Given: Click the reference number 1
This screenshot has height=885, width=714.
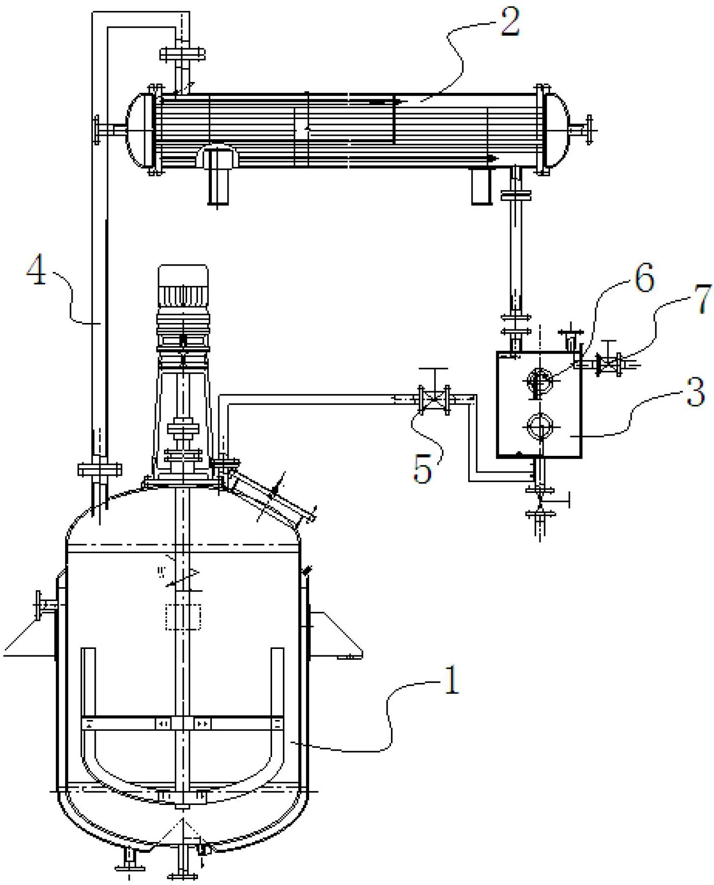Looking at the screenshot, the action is (451, 680).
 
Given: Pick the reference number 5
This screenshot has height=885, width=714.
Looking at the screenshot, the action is (423, 468).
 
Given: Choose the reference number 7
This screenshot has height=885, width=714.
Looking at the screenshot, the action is (703, 298).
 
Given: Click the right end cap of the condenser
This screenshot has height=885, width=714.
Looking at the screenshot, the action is (557, 129).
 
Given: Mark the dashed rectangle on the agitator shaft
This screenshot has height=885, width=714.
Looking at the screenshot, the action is (183, 616).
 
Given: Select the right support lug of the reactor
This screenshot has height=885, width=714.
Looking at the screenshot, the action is (336, 634).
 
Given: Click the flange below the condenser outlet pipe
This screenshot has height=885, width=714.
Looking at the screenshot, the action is (516, 195).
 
